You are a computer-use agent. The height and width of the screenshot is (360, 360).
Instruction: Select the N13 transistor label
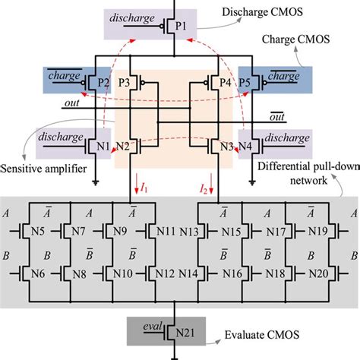pyautogui.click(x=189, y=229)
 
